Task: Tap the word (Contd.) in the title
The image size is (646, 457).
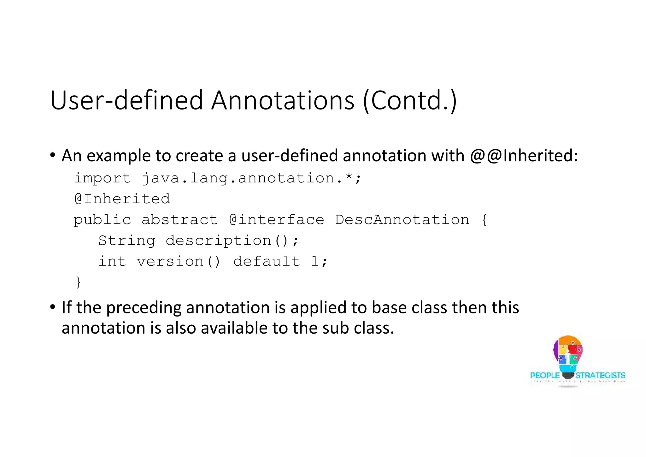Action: point(410,100)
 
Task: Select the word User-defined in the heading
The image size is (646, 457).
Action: point(126,100)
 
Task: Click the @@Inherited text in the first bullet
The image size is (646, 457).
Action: point(524,156)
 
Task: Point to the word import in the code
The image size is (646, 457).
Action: point(102,178)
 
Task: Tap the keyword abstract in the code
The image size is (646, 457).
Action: point(179,220)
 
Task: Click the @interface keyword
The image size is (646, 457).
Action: point(277,220)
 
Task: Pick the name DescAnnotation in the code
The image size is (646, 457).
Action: point(402,220)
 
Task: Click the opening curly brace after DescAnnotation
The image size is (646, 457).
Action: point(484,220)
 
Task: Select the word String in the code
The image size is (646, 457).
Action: point(127,241)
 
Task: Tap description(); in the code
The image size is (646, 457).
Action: point(232,241)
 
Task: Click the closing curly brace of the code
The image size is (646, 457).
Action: point(78,282)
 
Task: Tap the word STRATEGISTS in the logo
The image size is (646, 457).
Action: point(600,375)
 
